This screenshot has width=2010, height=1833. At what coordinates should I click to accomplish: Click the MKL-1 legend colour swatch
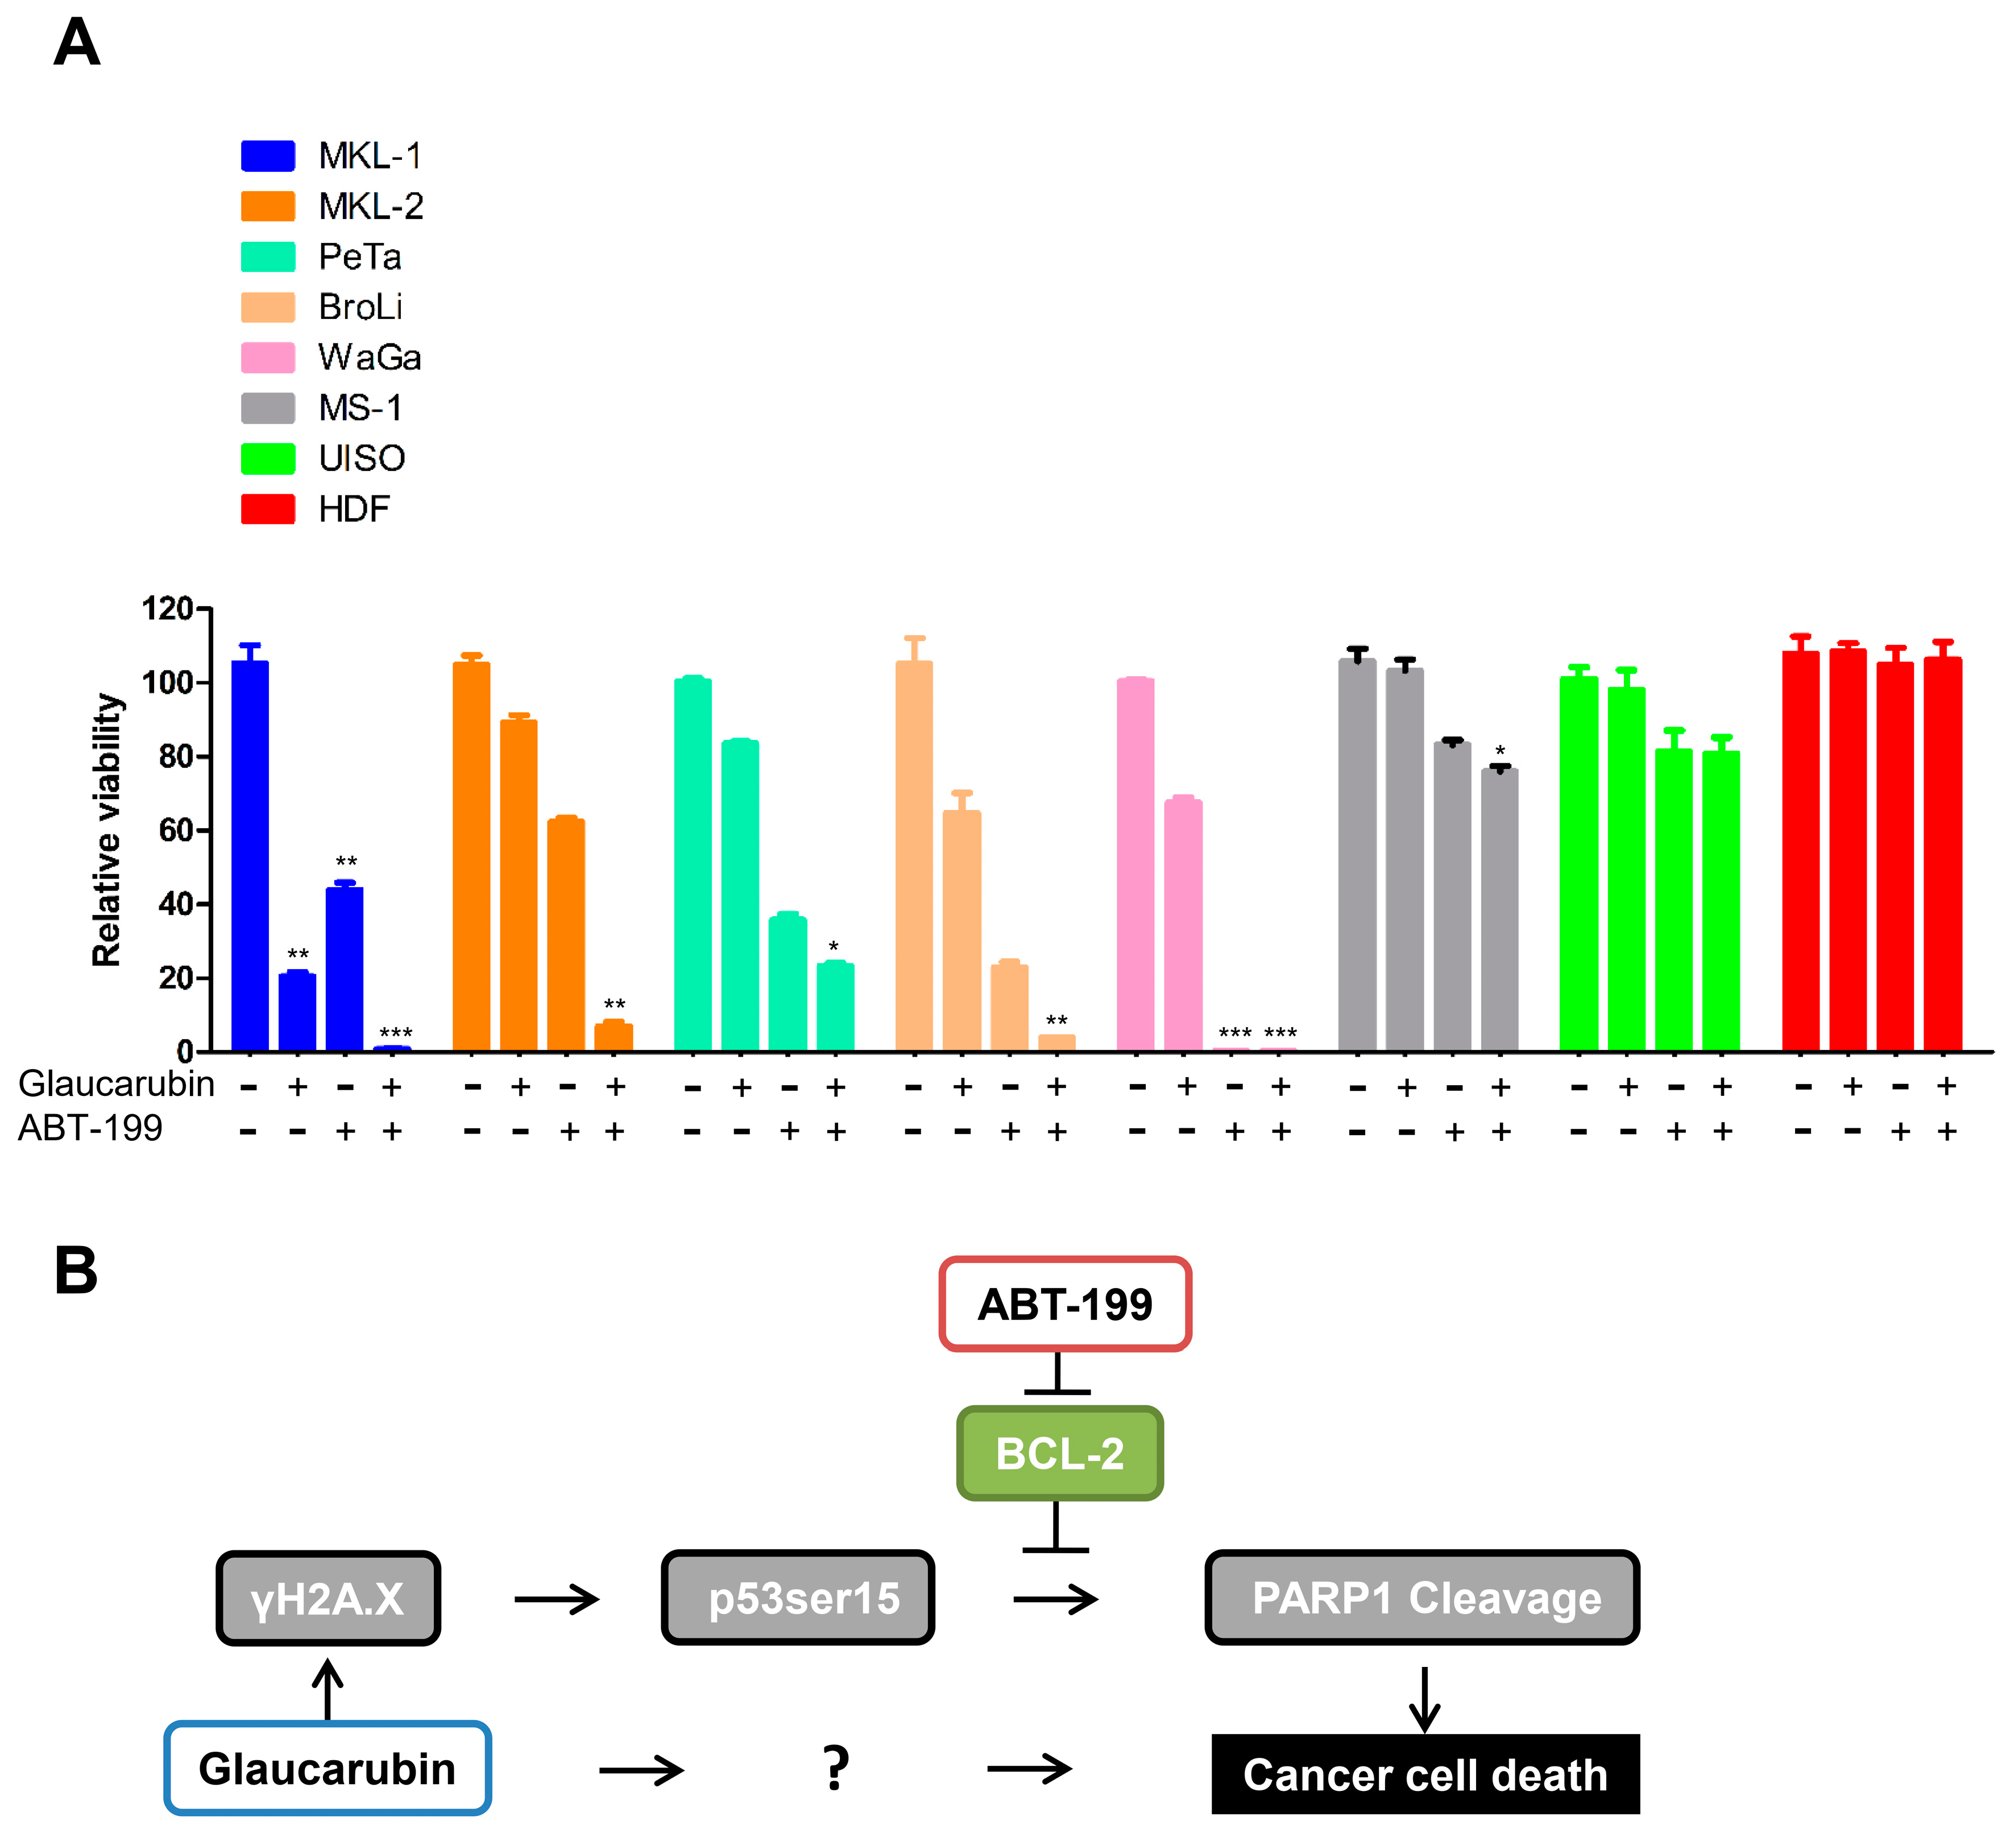(x=267, y=156)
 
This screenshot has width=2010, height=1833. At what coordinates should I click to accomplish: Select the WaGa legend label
(x=369, y=357)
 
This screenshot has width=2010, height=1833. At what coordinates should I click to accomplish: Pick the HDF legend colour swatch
(x=267, y=508)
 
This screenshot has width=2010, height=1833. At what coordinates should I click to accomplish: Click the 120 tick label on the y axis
(x=168, y=609)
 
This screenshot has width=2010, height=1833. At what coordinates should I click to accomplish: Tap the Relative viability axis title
(x=107, y=830)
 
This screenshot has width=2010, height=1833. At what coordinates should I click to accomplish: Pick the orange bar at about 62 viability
(x=565, y=934)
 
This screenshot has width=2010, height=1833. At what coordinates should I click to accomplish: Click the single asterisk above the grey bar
(x=1499, y=751)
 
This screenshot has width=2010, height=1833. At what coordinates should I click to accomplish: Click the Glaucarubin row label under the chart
(x=115, y=1084)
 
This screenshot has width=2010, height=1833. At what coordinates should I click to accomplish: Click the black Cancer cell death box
(x=1425, y=1775)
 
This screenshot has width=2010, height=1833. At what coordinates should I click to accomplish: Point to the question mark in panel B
(x=835, y=1768)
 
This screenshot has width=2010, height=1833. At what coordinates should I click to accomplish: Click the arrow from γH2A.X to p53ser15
(x=556, y=1600)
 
